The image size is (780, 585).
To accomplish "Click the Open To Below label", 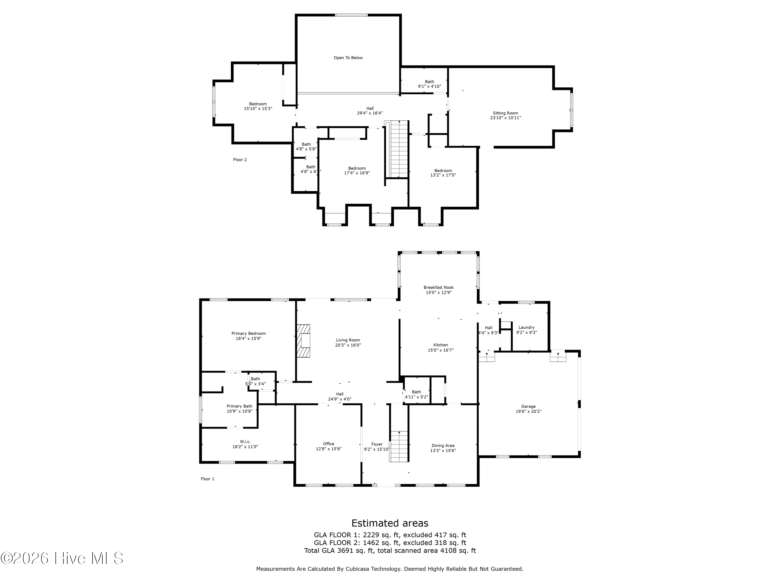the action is pyautogui.click(x=348, y=58).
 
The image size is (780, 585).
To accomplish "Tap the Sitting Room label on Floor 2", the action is pyautogui.click(x=505, y=113).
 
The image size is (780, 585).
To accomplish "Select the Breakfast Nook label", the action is pyautogui.click(x=439, y=287).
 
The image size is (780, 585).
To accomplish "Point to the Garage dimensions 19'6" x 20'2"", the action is pyautogui.click(x=528, y=411).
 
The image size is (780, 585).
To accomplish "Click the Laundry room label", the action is pyautogui.click(x=526, y=327).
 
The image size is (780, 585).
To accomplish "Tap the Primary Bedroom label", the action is pyautogui.click(x=249, y=333).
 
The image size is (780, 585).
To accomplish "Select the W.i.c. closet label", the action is pyautogui.click(x=245, y=441).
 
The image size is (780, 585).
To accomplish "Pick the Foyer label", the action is pyautogui.click(x=377, y=444).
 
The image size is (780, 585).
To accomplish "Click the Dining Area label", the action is pyautogui.click(x=443, y=445).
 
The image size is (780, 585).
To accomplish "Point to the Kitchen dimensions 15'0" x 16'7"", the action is pyautogui.click(x=441, y=350).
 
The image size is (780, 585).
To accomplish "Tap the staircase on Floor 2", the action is pyautogui.click(x=397, y=149).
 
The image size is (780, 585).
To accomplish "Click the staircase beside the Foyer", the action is pyautogui.click(x=399, y=446).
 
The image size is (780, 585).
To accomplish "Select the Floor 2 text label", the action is pyautogui.click(x=240, y=160).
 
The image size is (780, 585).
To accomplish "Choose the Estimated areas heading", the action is pyautogui.click(x=390, y=523).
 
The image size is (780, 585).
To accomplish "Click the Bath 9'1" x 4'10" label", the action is pyautogui.click(x=430, y=84).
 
